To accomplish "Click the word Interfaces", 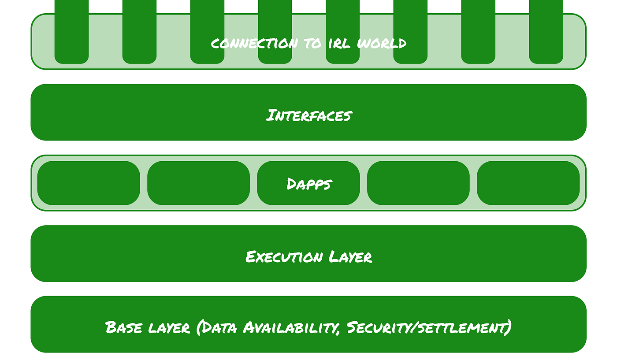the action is point(309,115).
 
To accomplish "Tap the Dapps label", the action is point(309,184).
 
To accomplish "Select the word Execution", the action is point(284,257).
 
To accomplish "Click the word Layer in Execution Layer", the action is point(350,257).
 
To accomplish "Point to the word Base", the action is point(123,327).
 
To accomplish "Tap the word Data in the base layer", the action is point(217,327).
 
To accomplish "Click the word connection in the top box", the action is point(254,44).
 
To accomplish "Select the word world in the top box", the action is point(382,43).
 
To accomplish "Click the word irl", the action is point(339,44).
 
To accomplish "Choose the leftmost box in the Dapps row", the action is point(89,183).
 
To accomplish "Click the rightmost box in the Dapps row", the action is point(528,183).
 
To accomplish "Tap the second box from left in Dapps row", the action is point(199,183).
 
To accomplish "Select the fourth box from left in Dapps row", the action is point(418,183).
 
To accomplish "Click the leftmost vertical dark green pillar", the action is point(71,32).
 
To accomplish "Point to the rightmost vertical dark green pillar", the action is point(546,32).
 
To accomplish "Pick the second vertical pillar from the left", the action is point(139,32).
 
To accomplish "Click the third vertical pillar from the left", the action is point(207,32).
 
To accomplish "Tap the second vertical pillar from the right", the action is point(478,32).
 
